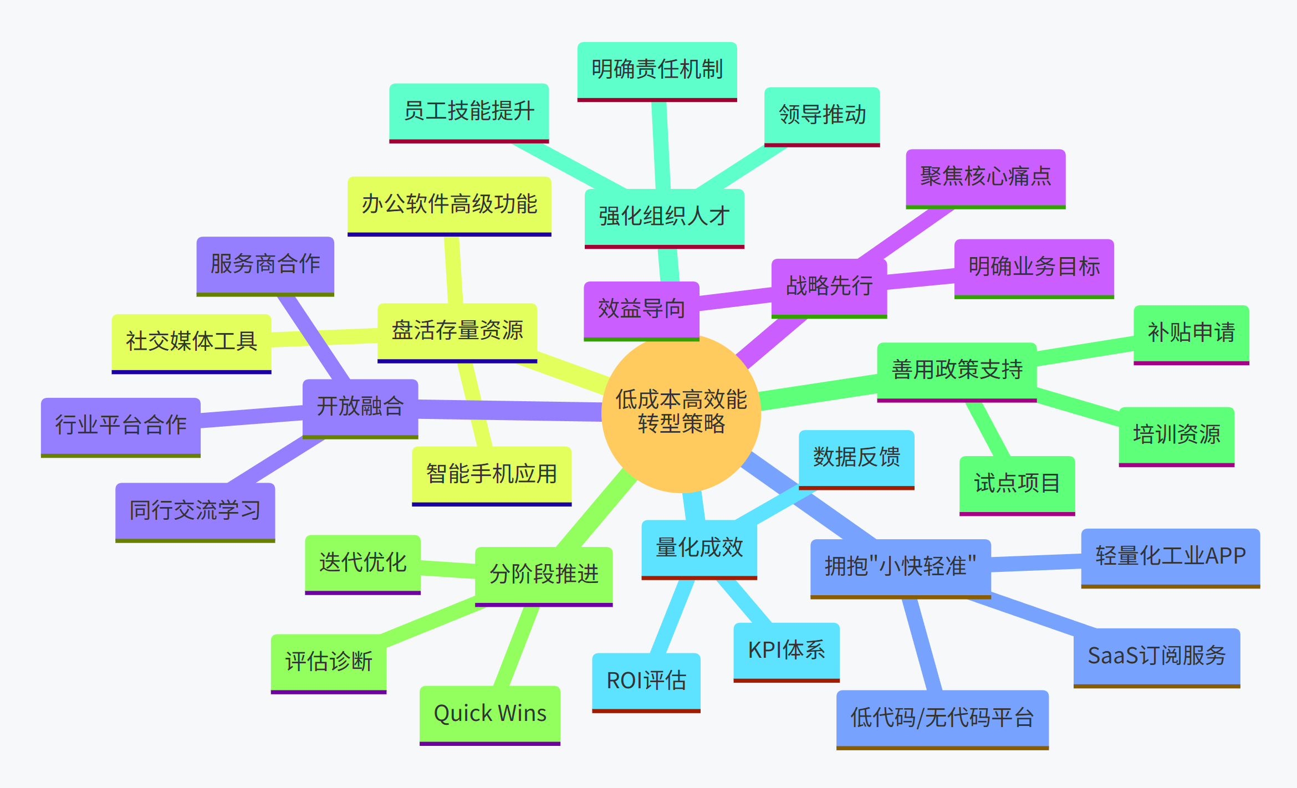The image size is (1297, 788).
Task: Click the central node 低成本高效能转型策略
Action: pos(681,412)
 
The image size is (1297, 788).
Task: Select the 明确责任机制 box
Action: pos(657,70)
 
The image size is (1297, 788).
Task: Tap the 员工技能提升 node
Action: pos(469,111)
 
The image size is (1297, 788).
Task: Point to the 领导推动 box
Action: pos(822,115)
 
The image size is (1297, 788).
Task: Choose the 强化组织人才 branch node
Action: pos(664,217)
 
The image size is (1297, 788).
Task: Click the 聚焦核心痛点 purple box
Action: pos(985,177)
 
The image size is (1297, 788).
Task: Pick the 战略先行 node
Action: pos(829,286)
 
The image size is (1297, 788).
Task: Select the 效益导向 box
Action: pos(641,309)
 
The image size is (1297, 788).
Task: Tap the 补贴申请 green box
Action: pos(1191,333)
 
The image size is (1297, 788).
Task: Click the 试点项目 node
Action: pos(1017,484)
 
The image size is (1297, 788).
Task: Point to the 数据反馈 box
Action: pos(856,458)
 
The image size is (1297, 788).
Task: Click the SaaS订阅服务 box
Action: pos(1156,656)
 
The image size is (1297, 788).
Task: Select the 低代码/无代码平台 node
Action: pos(942,718)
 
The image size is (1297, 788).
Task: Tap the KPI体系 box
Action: pos(787,651)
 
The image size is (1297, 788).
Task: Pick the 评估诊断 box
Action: pos(329,662)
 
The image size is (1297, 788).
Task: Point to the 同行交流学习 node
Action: pos(195,511)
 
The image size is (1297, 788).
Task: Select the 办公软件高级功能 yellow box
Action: pos(449,204)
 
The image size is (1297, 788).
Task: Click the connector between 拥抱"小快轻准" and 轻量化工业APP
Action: pos(1036,562)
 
